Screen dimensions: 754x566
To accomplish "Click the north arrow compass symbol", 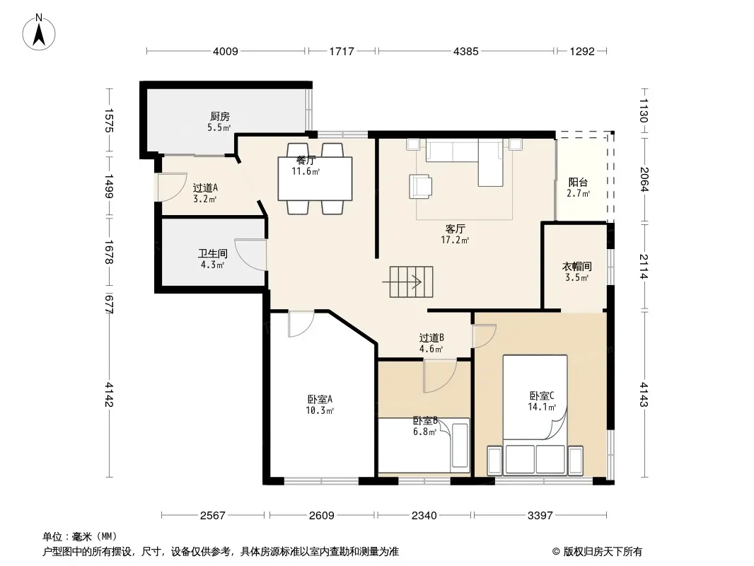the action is coord(39,33).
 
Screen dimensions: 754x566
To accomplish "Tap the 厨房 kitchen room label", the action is coord(220,116).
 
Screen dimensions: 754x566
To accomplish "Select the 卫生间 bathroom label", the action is coord(212,253).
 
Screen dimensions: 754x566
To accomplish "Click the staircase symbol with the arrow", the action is coord(408,282).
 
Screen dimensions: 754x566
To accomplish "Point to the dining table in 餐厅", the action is coord(315,179).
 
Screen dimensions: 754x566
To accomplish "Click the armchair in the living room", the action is coord(420,186).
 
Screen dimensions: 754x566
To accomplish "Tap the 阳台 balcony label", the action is coord(578,183).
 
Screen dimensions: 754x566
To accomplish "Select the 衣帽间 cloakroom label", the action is coord(576,267).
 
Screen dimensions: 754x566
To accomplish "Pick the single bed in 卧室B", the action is coord(424,445).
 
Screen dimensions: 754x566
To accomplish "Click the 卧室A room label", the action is coord(320,399).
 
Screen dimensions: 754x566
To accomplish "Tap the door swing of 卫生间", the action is coord(250,255).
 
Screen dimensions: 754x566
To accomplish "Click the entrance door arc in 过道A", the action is coord(170,187).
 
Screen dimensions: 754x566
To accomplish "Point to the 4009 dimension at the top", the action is coord(226,51).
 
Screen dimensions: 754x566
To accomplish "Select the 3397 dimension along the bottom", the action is coord(540,516).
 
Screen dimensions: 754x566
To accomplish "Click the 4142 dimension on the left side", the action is coord(109,394).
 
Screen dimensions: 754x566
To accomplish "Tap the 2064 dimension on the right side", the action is coord(644,180).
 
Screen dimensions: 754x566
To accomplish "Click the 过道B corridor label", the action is coord(431,338).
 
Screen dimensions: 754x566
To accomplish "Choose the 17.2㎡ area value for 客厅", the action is coord(455,240).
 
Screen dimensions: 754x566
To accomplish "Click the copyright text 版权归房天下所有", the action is coord(603,552).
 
